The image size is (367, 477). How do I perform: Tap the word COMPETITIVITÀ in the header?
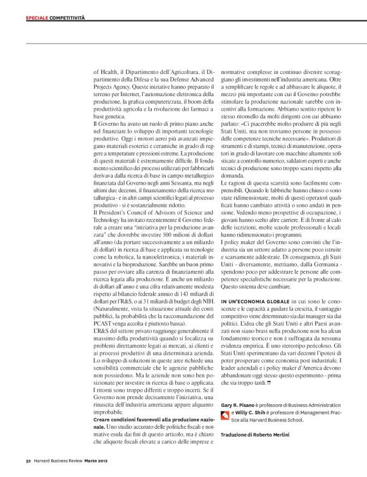[x=67, y=19]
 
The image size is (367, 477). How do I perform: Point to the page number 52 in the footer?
[x=28, y=461]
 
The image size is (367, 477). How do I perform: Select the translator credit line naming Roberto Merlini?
[x=254, y=435]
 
